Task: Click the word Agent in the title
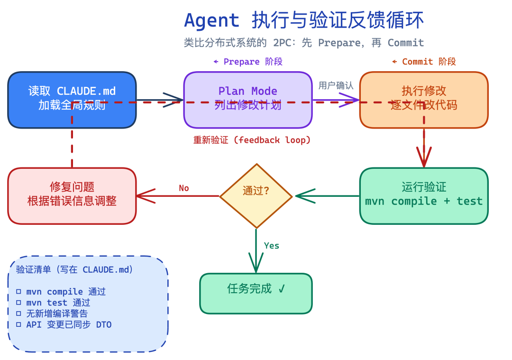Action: tap(211, 21)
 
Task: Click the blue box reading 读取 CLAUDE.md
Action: tap(72, 100)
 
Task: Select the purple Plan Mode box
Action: tap(247, 100)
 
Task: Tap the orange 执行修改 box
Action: tap(423, 100)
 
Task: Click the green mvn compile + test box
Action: tap(423, 195)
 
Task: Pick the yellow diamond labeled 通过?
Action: tap(256, 195)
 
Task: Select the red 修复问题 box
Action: tap(72, 195)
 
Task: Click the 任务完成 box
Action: tap(256, 293)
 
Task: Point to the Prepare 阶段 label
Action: tap(248, 62)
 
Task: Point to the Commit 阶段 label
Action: tap(424, 62)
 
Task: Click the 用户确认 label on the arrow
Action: tap(336, 85)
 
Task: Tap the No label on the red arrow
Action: tap(184, 188)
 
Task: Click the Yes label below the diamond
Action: tap(272, 246)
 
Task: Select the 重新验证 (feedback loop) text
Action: tap(252, 140)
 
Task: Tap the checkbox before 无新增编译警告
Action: tap(19, 314)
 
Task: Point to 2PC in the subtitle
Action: tap(283, 43)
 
